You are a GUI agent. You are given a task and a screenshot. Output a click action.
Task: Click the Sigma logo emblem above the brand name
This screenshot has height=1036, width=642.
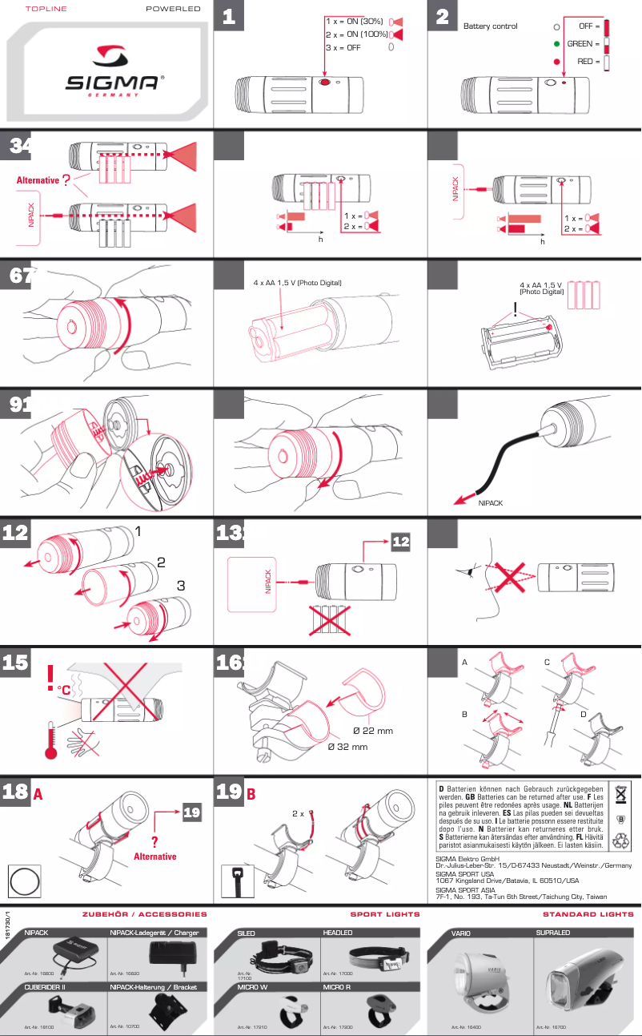(114, 55)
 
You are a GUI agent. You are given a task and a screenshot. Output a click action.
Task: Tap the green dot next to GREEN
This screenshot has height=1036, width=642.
(556, 43)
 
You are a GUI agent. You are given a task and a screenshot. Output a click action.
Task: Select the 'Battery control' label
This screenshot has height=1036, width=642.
(490, 26)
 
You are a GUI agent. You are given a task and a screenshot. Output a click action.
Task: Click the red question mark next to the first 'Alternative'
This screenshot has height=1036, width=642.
(66, 180)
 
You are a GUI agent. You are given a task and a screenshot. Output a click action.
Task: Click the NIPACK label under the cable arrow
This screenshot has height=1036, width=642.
(490, 504)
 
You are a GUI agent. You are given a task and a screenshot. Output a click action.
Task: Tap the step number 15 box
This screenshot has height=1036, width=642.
(16, 663)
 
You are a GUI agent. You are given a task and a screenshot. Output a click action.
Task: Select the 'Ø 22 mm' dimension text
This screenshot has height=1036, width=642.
(372, 731)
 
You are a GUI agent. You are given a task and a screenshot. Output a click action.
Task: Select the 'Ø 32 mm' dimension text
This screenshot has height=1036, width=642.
(347, 748)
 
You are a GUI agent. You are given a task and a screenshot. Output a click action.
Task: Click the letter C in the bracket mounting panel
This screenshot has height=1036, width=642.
(547, 663)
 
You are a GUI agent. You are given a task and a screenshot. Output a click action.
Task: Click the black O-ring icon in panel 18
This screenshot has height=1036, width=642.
(24, 882)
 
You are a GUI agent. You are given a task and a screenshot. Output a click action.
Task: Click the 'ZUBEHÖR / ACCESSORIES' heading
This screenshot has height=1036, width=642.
(144, 913)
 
